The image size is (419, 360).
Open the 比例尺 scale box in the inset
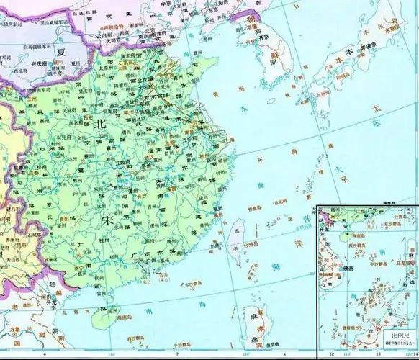click(400, 338)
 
